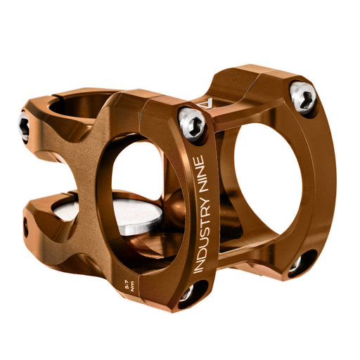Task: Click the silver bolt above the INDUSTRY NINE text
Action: pos(191,124)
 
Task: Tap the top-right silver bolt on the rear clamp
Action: pos(304,97)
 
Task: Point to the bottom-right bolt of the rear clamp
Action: pos(295,264)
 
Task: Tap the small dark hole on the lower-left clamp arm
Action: pos(26,227)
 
